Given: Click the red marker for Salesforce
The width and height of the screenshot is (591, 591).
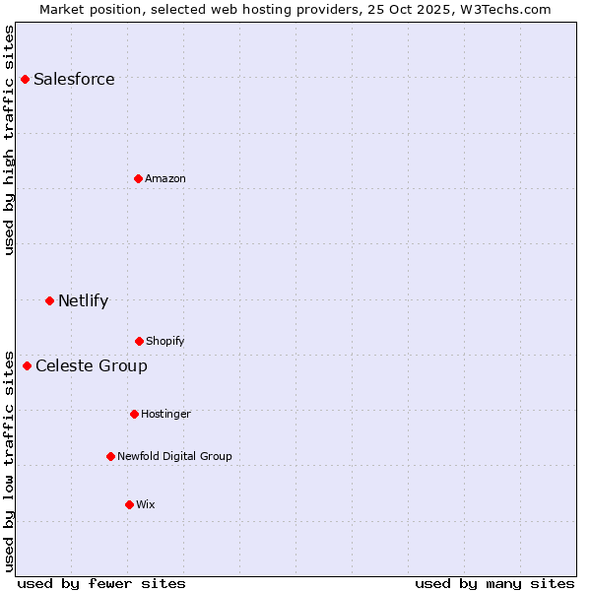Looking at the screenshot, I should pos(25,79).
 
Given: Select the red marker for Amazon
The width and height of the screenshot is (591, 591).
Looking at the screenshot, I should pos(138,178).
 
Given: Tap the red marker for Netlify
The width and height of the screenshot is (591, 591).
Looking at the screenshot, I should pos(49,300).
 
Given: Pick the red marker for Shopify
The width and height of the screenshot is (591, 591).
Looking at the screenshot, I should pos(139,341).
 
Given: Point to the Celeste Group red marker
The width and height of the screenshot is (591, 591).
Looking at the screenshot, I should pos(27,365).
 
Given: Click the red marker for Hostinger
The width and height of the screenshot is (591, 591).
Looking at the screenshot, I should pos(134,414).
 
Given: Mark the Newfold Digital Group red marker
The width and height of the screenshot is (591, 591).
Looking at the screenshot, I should pos(110,456).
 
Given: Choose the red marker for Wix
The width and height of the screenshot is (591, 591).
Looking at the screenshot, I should pos(129,504).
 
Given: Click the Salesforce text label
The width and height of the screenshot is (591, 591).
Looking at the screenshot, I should pos(74,80).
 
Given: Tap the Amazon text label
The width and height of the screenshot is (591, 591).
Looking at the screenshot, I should pos(165,178).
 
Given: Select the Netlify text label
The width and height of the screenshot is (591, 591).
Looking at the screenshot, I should pos(83,300).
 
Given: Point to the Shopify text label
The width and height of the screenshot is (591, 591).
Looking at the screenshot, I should pos(165,341).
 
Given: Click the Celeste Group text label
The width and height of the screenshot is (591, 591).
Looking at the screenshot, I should pos(92,366).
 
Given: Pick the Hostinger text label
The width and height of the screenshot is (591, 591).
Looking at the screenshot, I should pos(165,414).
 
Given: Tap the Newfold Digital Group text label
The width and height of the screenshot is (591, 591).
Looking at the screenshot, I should pos(174,456).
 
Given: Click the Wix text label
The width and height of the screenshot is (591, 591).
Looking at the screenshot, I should pos(146,504).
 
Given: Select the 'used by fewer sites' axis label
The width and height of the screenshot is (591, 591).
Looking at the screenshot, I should pos(101,583).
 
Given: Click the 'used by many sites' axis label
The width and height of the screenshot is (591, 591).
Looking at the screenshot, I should pos(494,583).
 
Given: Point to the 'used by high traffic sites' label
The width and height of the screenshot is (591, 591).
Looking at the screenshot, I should pos(9,140).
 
